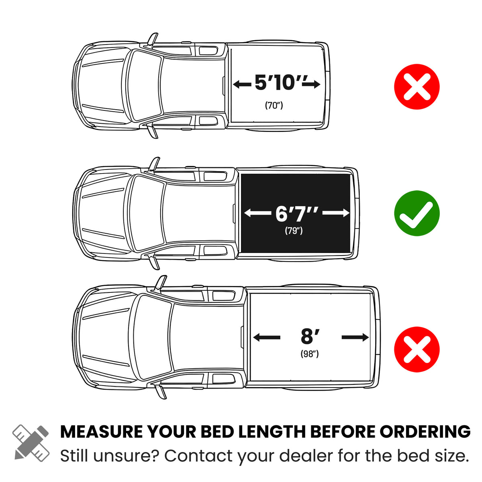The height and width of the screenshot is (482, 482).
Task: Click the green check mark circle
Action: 417,213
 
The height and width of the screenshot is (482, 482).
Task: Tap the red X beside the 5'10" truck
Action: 417,86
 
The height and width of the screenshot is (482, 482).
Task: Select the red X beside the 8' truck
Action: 417,349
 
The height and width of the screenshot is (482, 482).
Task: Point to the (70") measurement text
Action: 274,105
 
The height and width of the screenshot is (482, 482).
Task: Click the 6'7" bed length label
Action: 297,213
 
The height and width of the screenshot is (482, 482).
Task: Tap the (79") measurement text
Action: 294,231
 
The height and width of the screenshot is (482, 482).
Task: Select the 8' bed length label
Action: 310,336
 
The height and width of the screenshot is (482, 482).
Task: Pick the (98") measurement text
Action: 310,354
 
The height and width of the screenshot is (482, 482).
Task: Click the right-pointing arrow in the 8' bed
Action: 355,337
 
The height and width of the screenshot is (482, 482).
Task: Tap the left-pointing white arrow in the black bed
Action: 257,213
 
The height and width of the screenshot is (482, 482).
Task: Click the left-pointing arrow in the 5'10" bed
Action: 242,84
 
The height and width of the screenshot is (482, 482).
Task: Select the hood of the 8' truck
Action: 105,337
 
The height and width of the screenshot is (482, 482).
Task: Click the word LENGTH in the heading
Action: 272,432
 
